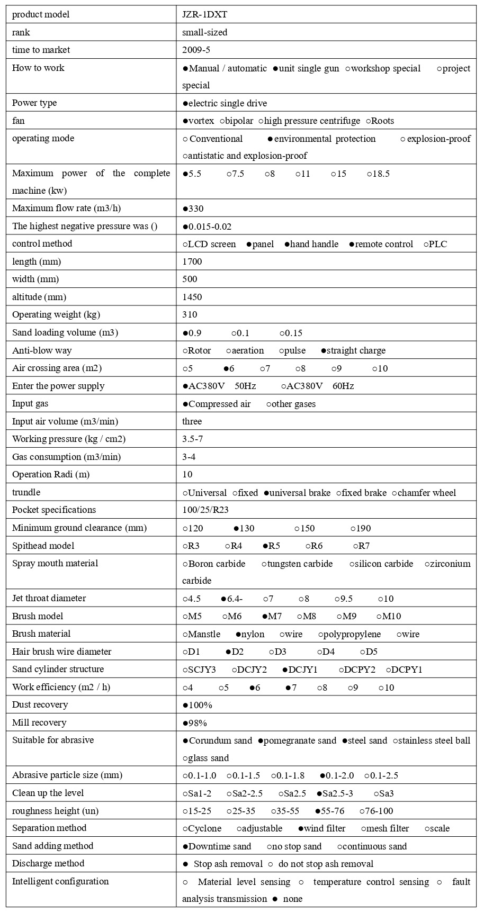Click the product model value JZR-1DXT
click(x=204, y=15)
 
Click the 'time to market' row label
click(x=41, y=50)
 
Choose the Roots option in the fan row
click(x=380, y=121)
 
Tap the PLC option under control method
click(x=435, y=245)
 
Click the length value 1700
click(x=192, y=262)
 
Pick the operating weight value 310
click(x=190, y=315)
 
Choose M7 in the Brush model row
click(x=272, y=617)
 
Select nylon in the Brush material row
click(x=250, y=635)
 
